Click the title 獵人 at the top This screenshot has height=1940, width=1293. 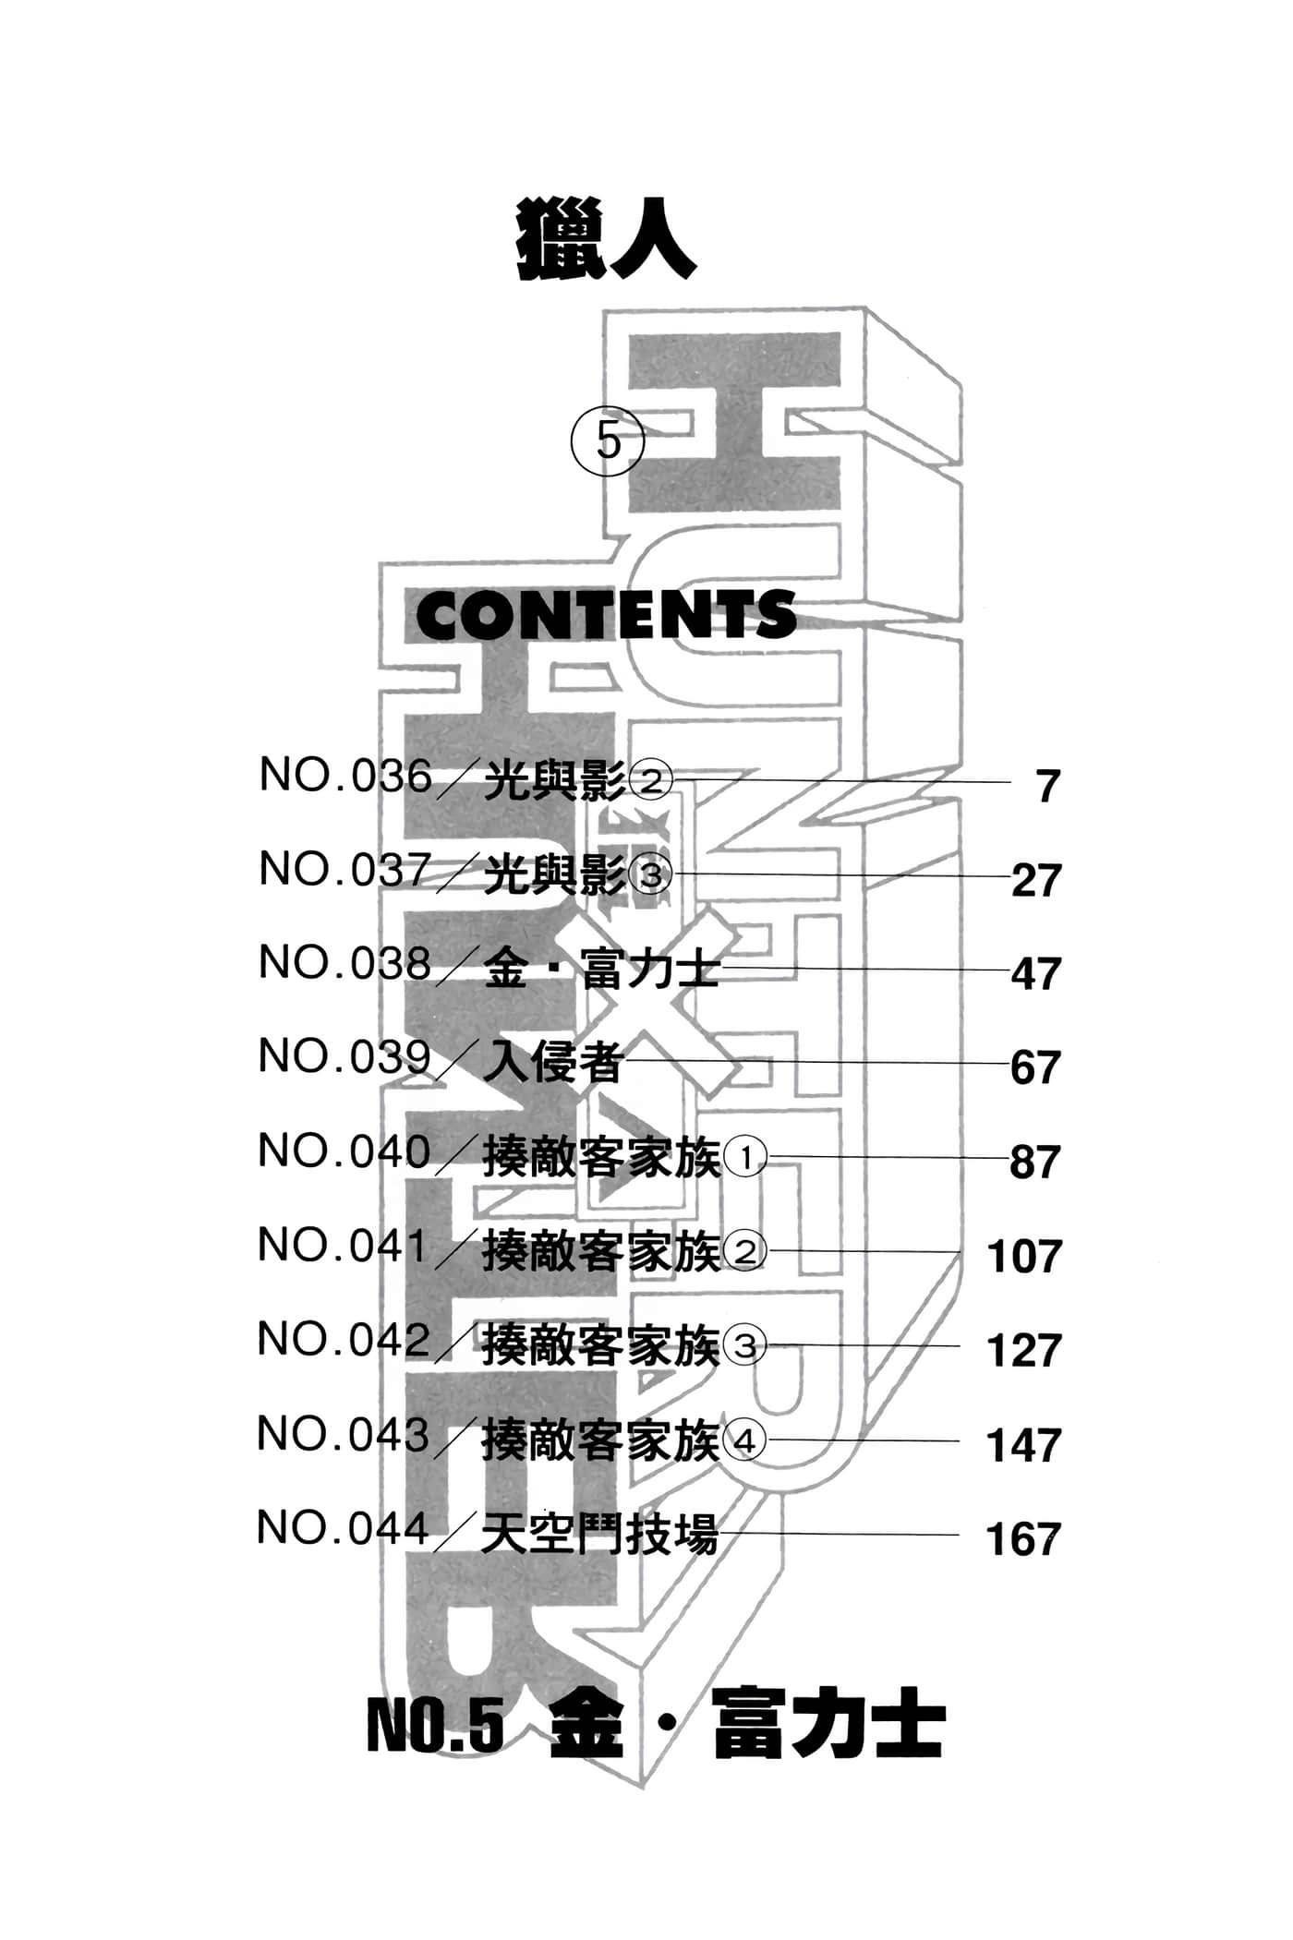606,240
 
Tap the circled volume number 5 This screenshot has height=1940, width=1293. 608,440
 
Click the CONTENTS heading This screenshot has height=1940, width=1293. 606,615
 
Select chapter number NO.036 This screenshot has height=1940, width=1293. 345,776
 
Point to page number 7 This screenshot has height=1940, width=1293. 1047,786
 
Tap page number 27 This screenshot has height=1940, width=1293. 1036,880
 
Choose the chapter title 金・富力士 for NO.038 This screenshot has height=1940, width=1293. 601,970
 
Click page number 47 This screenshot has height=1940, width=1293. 1036,974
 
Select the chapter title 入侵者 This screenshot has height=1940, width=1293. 553,1062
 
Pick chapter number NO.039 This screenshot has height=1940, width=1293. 344,1057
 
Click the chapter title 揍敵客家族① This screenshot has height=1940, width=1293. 624,1157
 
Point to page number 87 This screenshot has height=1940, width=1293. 1035,1162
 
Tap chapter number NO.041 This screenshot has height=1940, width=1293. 343,1246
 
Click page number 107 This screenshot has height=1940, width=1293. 1024,1257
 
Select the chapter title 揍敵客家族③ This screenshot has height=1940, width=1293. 624,1345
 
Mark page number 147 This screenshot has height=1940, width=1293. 1023,1445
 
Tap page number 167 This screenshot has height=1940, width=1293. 1023,1539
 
